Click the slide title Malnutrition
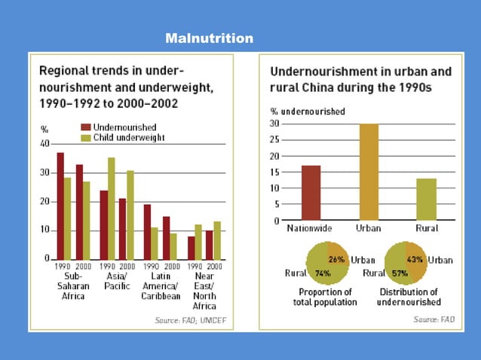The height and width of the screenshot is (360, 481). (x=209, y=38)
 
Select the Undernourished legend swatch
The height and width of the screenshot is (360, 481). (x=86, y=128)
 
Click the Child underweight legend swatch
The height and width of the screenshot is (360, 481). (x=86, y=138)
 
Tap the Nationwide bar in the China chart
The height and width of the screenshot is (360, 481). (x=311, y=193)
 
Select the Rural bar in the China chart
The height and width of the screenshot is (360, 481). (x=427, y=200)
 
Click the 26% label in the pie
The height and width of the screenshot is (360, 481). (x=336, y=260)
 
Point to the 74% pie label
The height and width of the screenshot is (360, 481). (x=322, y=273)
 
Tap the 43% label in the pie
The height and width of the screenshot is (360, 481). (x=414, y=260)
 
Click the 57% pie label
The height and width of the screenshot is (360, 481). (x=399, y=273)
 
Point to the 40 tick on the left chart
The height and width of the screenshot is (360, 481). (x=44, y=144)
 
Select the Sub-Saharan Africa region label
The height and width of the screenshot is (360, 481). (x=74, y=286)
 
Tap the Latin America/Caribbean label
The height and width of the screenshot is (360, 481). (x=161, y=286)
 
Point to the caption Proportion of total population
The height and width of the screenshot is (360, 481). (x=325, y=297)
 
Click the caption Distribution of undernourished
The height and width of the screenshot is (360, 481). (x=409, y=297)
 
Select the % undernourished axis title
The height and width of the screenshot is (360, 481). (x=308, y=111)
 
